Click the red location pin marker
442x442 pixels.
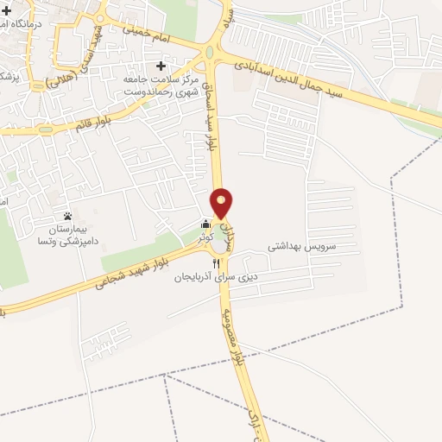(223, 202)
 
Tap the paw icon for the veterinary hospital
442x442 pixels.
(68, 216)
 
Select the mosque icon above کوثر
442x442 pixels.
(205, 224)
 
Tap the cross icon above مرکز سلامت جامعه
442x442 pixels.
(161, 66)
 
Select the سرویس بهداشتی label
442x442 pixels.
(300, 246)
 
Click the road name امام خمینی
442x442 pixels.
(160, 41)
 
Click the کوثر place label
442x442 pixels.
(203, 236)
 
